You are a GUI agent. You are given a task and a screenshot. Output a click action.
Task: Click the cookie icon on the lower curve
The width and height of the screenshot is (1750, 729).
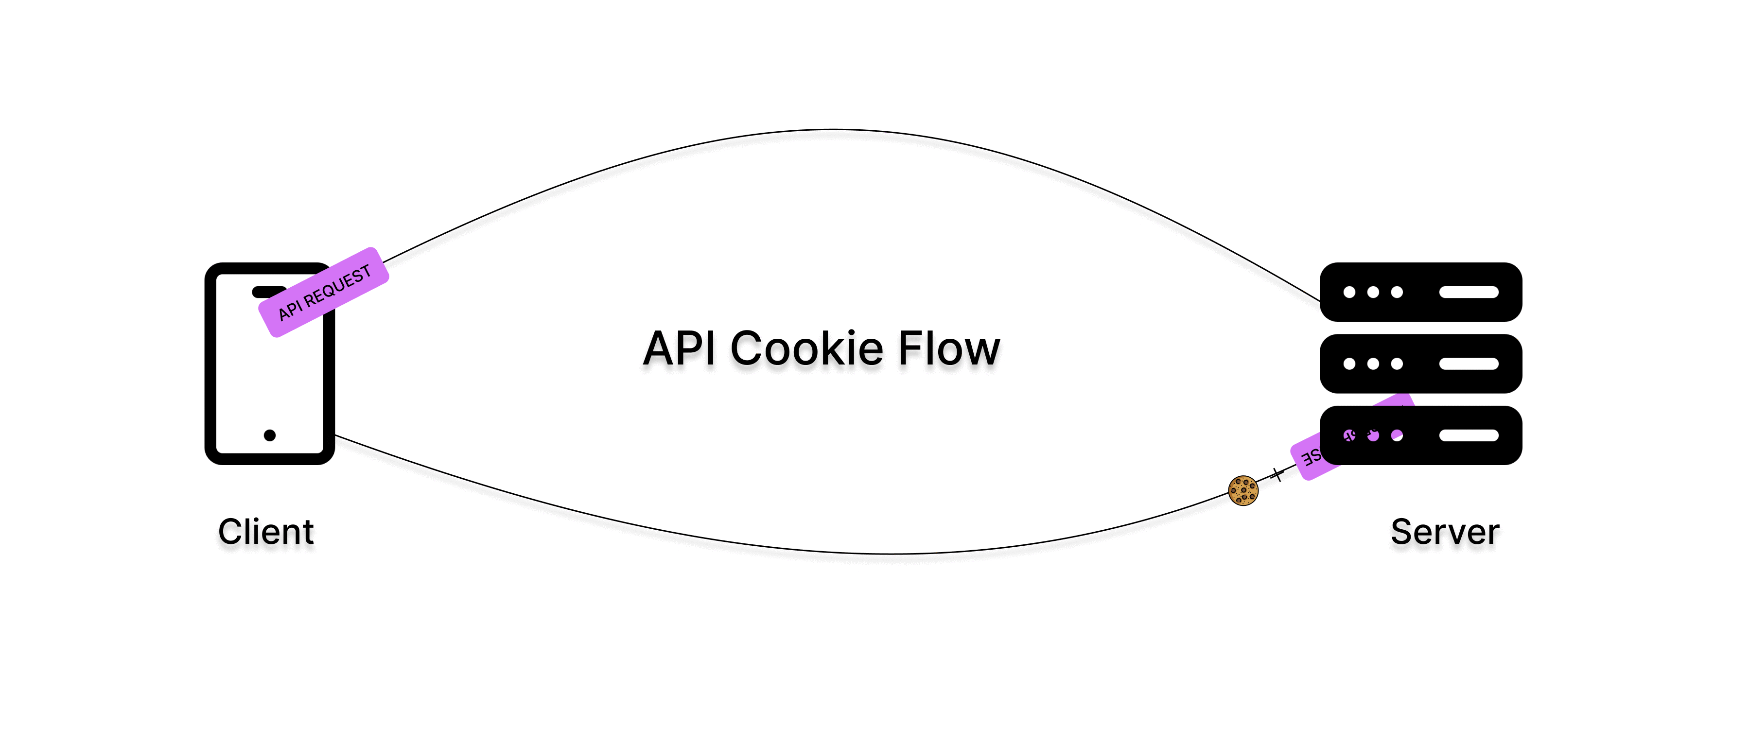pos(1242,490)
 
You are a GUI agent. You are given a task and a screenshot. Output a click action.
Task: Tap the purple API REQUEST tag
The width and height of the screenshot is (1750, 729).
pos(323,292)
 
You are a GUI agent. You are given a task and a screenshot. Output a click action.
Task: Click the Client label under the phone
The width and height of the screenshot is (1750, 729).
pos(265,531)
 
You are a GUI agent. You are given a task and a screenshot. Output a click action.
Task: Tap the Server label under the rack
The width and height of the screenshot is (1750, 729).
pos(1444,531)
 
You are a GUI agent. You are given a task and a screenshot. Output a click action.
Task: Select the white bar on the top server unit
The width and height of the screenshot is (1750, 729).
pos(1468,292)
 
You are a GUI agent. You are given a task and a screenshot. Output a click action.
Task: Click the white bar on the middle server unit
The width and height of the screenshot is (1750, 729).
pos(1468,364)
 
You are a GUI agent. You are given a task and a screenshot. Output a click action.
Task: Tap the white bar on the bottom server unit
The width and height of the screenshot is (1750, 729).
pos(1468,435)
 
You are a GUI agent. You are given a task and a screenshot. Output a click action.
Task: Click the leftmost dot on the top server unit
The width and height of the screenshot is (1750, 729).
pos(1349,292)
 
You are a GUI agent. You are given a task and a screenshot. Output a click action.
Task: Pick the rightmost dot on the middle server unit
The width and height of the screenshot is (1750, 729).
pos(1397,364)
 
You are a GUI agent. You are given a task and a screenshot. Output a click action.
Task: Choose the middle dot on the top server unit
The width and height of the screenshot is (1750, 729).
pos(1373,292)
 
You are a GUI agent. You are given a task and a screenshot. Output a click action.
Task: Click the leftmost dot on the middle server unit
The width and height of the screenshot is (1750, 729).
pos(1349,364)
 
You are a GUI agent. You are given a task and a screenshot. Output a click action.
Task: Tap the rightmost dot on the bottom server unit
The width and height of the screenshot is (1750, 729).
pos(1397,435)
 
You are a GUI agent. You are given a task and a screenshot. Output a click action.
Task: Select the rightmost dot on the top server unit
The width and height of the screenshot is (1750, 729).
pos(1397,292)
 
